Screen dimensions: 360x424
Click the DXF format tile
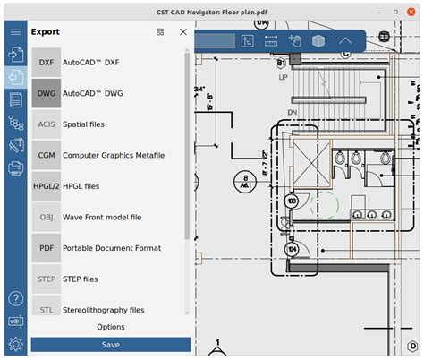point(46,62)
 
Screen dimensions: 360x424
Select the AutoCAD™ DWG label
point(93,93)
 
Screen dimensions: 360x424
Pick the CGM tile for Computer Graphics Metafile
point(46,155)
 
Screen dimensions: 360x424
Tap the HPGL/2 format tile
point(46,186)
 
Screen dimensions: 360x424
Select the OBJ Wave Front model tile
point(46,217)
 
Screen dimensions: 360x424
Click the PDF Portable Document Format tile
point(46,248)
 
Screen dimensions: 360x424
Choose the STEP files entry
point(81,279)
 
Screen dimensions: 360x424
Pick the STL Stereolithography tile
point(46,310)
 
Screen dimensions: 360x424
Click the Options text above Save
point(110,327)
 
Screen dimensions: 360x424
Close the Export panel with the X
point(183,31)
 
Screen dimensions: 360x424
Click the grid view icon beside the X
point(160,31)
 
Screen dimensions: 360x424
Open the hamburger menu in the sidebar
point(15,31)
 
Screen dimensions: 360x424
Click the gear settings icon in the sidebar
point(15,344)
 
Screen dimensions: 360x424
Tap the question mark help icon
point(15,298)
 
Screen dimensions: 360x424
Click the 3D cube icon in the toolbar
point(318,41)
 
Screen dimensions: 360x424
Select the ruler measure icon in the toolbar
point(271,41)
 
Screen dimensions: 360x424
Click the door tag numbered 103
point(291,202)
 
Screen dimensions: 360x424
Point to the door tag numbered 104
point(291,248)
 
